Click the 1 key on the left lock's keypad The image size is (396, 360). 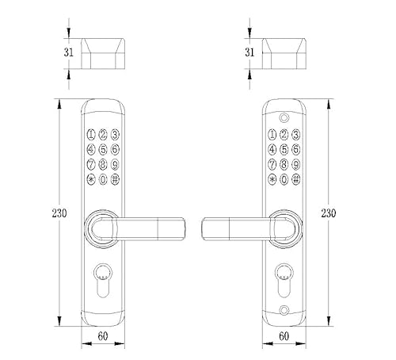[91, 134]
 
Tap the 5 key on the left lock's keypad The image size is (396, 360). [103, 149]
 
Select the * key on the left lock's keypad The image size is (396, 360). [91, 179]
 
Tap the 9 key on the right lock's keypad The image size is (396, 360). [294, 164]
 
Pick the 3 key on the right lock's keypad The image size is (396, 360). [294, 134]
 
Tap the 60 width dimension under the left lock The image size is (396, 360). [103, 337]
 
